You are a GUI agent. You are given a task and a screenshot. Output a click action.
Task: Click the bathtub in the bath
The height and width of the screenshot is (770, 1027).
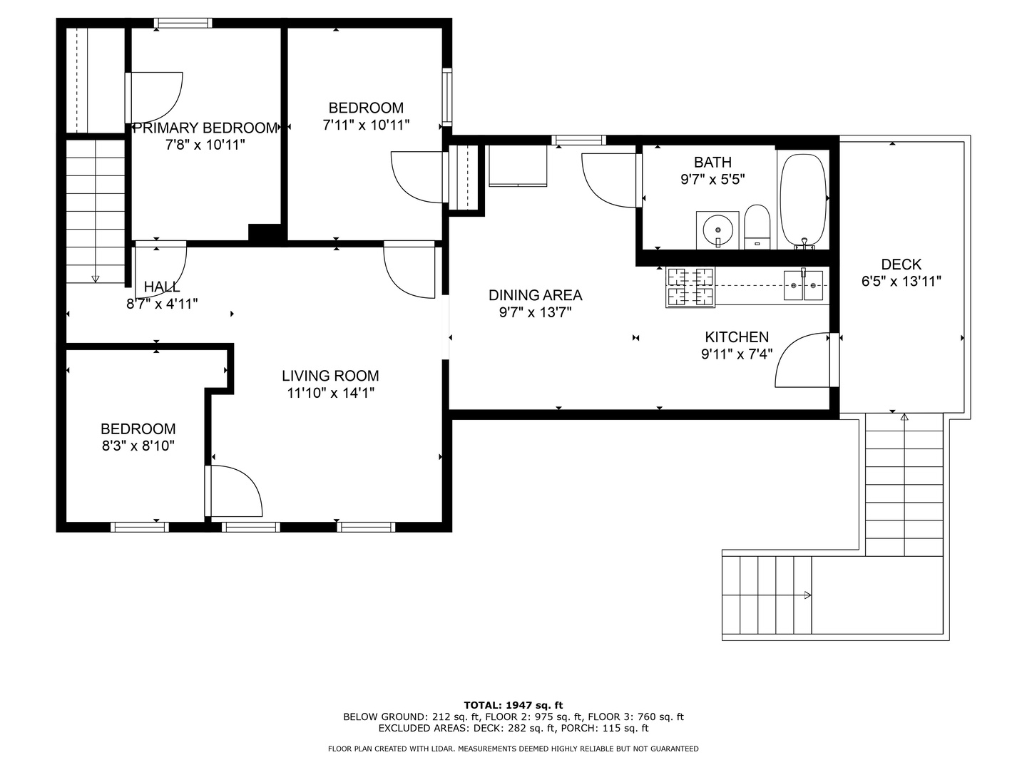[803, 200]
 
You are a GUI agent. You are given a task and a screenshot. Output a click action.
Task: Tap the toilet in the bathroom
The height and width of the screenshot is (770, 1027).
[757, 227]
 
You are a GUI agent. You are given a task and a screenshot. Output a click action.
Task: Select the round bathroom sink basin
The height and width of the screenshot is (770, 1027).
[717, 230]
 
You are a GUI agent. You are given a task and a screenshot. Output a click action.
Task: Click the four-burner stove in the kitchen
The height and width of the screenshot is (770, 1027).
[690, 287]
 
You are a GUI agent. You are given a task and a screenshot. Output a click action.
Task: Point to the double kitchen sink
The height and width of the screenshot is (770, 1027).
[803, 286]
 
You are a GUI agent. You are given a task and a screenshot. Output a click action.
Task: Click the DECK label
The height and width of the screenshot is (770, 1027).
[901, 265]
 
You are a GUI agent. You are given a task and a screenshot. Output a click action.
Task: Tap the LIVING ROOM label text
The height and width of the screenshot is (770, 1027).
[330, 376]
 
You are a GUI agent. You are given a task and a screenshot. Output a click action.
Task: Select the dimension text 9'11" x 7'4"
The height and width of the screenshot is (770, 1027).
[737, 354]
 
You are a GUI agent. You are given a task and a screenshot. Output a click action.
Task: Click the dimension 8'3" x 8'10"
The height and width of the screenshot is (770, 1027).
[138, 446]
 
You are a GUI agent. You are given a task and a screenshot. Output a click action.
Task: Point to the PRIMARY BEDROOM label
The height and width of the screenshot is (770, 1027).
[205, 128]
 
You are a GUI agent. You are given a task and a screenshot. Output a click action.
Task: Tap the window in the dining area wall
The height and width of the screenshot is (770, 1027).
[579, 140]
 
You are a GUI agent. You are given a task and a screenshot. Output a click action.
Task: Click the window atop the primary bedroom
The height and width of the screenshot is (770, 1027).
[183, 23]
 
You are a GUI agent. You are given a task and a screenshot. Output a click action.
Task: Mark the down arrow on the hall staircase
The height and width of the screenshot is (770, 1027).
[96, 279]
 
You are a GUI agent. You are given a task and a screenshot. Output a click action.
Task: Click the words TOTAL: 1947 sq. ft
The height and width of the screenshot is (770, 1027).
[513, 705]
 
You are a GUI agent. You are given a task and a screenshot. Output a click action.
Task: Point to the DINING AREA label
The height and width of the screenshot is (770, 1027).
[536, 295]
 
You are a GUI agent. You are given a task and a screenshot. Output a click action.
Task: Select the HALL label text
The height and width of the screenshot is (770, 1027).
[161, 287]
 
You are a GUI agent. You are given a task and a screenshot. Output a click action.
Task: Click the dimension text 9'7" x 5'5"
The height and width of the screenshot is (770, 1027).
[712, 180]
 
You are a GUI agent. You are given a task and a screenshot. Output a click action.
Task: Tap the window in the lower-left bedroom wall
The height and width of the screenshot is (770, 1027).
[140, 528]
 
